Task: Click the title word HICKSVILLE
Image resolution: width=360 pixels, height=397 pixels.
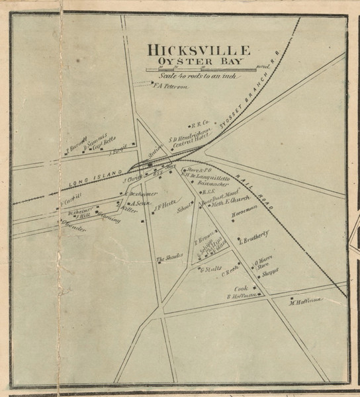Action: (x=199, y=50)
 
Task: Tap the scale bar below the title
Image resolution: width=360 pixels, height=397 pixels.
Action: (x=199, y=69)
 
